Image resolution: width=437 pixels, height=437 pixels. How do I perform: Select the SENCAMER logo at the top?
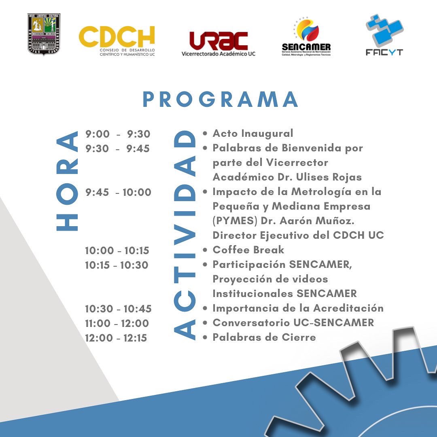(x=306, y=38)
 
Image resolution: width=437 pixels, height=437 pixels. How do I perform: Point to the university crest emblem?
(x=44, y=34)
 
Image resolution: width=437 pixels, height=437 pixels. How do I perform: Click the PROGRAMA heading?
(x=221, y=100)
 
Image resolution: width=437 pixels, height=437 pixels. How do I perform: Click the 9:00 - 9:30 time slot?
(x=118, y=134)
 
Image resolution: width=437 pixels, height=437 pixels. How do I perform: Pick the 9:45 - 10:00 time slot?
(x=118, y=192)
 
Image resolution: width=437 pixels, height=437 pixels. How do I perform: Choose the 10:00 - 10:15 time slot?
(x=117, y=250)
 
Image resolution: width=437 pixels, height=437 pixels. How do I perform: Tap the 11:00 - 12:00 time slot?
(x=117, y=323)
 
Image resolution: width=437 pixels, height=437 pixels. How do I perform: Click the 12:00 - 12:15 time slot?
(x=116, y=338)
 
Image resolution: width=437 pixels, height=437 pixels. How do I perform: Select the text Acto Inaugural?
(x=253, y=133)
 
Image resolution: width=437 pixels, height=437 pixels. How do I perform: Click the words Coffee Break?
(x=248, y=250)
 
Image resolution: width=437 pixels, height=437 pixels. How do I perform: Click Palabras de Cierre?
(x=264, y=337)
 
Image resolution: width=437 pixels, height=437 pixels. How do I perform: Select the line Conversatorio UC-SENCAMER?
(x=293, y=322)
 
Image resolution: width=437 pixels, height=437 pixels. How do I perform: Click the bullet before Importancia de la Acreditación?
(x=206, y=308)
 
